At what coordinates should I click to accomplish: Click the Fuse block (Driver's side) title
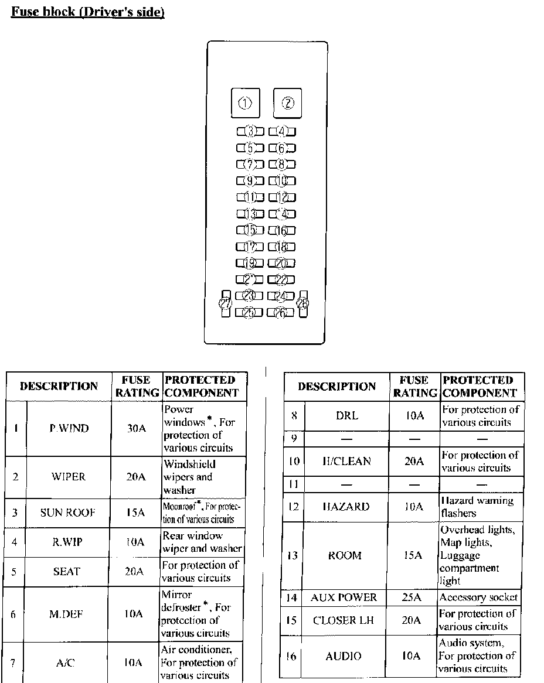(88, 12)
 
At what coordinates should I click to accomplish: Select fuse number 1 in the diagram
(245, 104)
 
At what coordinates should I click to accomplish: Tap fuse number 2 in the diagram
(288, 104)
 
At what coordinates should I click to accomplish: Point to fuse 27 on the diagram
(225, 303)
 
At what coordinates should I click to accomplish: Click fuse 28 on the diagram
(302, 303)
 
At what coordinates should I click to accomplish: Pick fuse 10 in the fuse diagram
(282, 181)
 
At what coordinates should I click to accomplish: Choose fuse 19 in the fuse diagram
(250, 264)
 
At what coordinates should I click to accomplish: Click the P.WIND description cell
(69, 428)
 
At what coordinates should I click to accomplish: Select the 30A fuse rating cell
(136, 428)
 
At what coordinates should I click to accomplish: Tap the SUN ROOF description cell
(68, 513)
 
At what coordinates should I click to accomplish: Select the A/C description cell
(66, 663)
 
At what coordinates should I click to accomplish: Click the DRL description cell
(347, 416)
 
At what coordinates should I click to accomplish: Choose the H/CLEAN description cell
(346, 461)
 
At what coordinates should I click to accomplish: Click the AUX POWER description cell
(344, 597)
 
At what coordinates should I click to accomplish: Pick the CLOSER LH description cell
(344, 620)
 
